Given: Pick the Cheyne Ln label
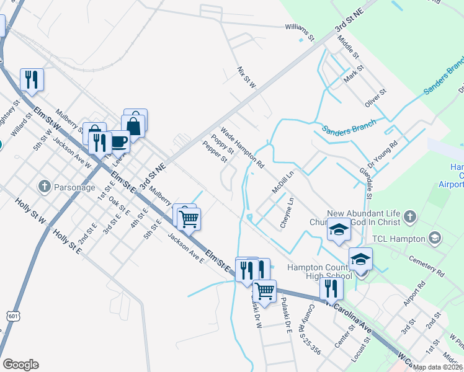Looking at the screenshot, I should [x=286, y=212].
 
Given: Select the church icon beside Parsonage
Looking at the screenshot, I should [x=44, y=186].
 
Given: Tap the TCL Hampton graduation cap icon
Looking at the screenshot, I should [x=435, y=238].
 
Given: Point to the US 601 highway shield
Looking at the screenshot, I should [x=14, y=316].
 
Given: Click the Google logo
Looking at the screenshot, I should [x=20, y=365].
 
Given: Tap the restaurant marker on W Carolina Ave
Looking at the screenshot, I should [x=331, y=288].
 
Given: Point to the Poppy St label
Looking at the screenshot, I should [x=222, y=144].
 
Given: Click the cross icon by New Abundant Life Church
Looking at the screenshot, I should [x=409, y=216].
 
